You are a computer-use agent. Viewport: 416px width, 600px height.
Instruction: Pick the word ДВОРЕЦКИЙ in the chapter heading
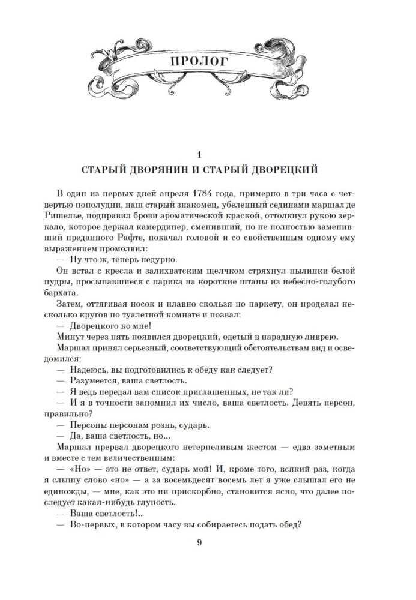(285, 170)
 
